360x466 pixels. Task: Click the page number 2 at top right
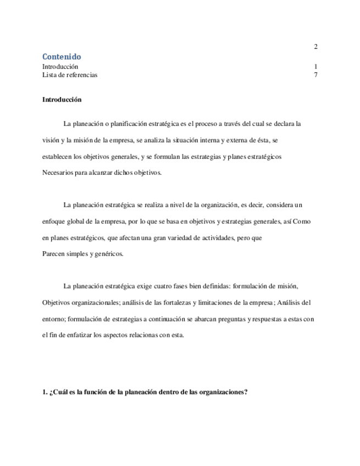point(315,46)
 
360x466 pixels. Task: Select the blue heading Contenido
point(62,57)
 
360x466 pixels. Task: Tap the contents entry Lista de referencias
point(70,75)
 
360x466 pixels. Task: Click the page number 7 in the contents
point(315,75)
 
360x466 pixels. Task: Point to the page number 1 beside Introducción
point(315,66)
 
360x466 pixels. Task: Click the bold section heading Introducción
point(62,100)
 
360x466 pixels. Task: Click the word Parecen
point(54,254)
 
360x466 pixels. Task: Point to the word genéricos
point(110,254)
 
